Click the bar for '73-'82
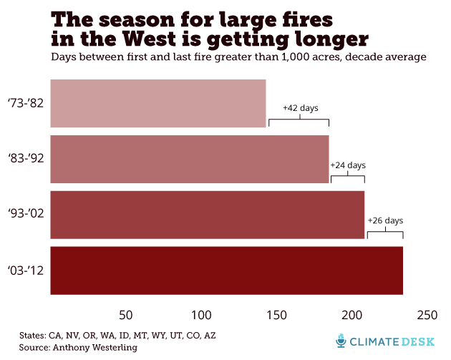(157, 103)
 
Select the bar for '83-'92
(189, 159)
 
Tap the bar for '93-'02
(207, 214)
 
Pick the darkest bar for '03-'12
(226, 270)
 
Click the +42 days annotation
(300, 108)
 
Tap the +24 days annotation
(347, 165)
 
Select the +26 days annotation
(385, 220)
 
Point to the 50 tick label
(127, 315)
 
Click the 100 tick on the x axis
(201, 315)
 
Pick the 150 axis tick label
(276, 315)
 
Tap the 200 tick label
(351, 315)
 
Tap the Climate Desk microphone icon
(341, 341)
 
